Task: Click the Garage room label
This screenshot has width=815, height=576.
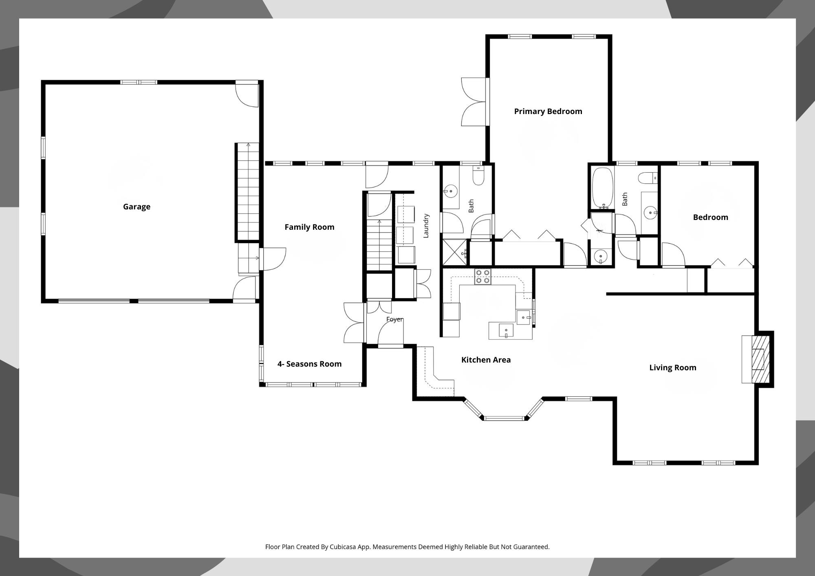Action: click(x=137, y=207)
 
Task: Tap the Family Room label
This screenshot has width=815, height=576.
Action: click(x=309, y=227)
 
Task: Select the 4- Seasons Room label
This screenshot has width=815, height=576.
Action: click(x=309, y=364)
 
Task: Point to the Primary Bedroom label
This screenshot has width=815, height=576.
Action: click(x=548, y=111)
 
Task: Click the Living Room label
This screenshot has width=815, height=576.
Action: click(x=673, y=367)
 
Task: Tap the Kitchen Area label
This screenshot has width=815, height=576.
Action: click(x=486, y=360)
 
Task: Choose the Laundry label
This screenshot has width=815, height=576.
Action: click(x=426, y=226)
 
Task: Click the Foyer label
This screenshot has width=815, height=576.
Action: click(x=394, y=319)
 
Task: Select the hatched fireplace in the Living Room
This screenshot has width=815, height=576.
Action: click(x=760, y=359)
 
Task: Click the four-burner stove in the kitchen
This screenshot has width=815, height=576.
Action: click(x=482, y=277)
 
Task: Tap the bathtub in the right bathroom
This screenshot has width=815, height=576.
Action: click(x=603, y=187)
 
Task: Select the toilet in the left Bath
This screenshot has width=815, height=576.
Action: click(x=478, y=176)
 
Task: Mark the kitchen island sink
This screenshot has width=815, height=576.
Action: click(x=506, y=330)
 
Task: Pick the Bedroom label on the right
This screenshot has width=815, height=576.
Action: click(x=710, y=217)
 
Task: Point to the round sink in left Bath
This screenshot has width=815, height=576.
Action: click(x=451, y=191)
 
